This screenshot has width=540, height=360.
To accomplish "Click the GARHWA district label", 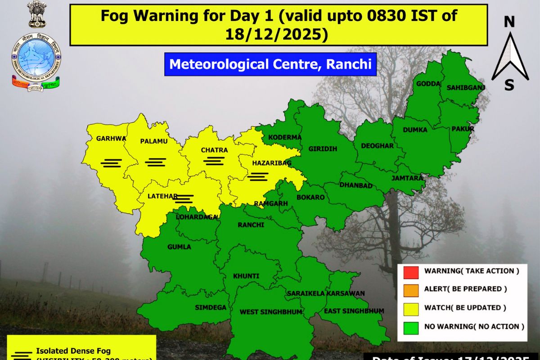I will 111,139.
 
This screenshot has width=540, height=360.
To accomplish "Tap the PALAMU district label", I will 153,141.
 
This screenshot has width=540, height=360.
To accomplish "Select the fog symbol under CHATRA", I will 214,160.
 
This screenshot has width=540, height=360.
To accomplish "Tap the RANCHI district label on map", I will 251,225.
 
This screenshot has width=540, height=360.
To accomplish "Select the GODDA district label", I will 425,84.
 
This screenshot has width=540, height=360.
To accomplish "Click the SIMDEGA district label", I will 208,307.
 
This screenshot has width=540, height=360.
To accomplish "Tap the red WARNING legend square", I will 411,271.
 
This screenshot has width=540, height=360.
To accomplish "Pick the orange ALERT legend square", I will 411,289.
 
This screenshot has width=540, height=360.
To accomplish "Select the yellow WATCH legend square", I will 411,308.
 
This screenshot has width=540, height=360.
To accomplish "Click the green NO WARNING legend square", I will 411,326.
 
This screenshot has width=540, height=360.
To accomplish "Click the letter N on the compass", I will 509,22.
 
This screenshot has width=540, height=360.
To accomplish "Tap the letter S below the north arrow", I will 509,85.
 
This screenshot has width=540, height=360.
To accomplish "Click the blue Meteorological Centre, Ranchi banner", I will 270,64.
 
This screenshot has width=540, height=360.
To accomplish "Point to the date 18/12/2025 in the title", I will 279,34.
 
